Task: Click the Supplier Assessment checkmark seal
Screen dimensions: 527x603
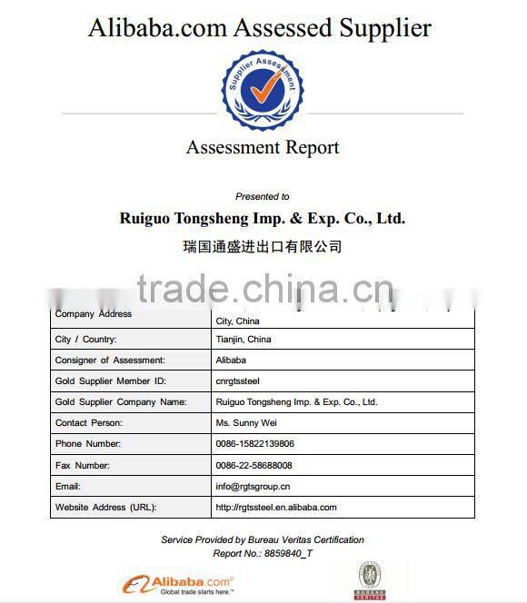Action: [x=263, y=89]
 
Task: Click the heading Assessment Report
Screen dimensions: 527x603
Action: [x=263, y=147]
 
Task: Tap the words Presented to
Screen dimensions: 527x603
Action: [x=263, y=196]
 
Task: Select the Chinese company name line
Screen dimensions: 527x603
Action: [x=263, y=246]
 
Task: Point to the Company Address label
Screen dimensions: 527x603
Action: [x=94, y=314]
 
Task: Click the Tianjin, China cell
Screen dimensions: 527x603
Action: [x=244, y=340]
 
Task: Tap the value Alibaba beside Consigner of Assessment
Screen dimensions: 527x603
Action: [x=231, y=361]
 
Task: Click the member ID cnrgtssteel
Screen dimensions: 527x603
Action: [x=237, y=381]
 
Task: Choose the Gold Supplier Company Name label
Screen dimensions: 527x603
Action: [x=121, y=402]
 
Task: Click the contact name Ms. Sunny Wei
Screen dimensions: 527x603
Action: [x=246, y=423]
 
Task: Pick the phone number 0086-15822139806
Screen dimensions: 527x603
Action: [x=254, y=444]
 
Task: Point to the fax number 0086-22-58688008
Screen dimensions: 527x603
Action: [x=254, y=465]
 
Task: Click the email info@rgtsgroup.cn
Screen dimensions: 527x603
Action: [x=253, y=487]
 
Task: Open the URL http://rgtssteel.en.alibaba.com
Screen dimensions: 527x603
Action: [x=276, y=508]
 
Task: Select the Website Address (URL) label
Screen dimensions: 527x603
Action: [x=105, y=508]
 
